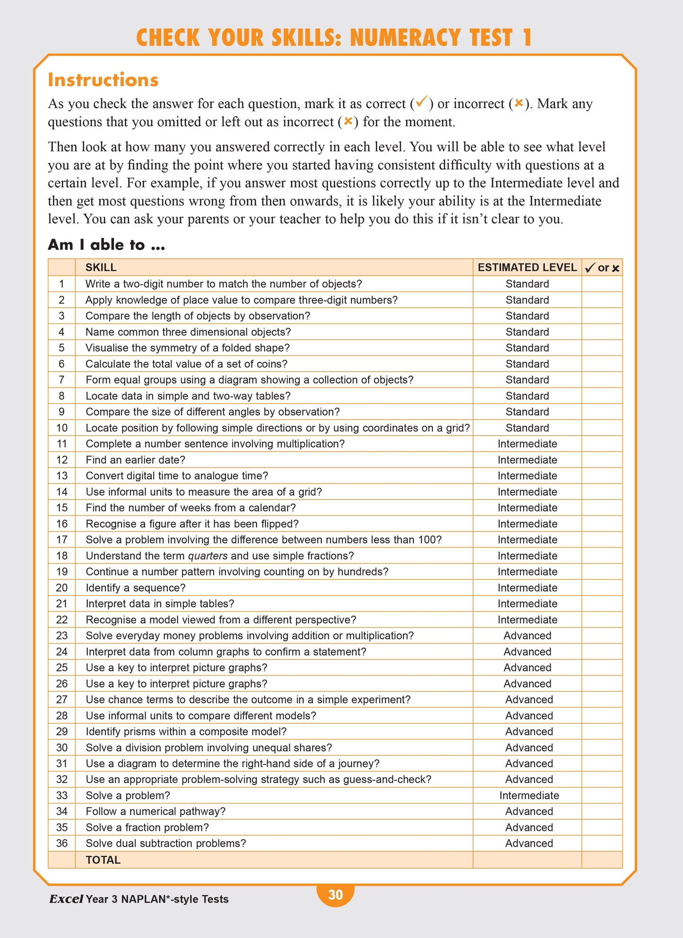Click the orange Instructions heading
coord(103,80)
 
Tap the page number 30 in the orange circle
coord(335,894)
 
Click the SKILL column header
coord(101,267)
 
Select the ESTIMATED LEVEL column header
coord(527,267)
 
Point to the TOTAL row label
coord(103,859)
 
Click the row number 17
coord(62,540)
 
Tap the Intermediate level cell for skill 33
coord(529,796)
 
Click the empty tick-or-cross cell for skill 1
coord(602,284)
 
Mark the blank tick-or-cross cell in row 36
coord(602,843)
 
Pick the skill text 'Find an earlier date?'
coord(135,460)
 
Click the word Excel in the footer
coord(66,899)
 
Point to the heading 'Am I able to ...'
coord(106,245)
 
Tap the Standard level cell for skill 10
coord(527,428)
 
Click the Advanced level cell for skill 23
coord(527,636)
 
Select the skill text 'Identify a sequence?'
coord(135,587)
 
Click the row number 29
coord(62,732)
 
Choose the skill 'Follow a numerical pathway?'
coord(156,812)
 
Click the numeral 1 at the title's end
coord(527,38)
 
